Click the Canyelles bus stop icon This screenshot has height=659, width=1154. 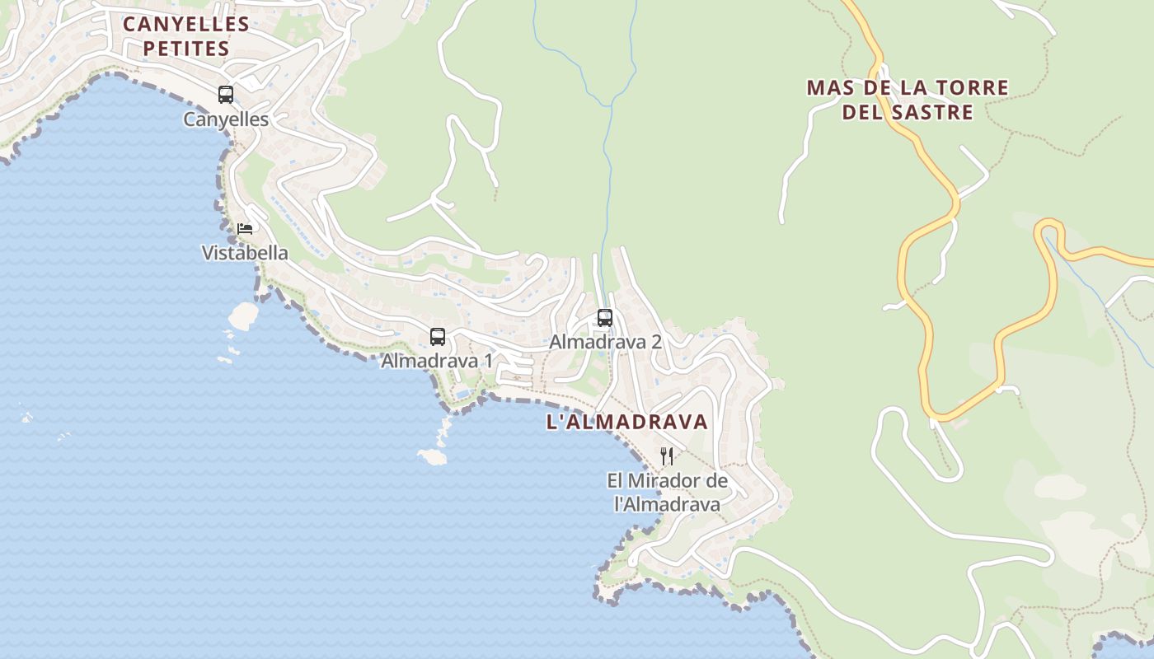pyautogui.click(x=226, y=95)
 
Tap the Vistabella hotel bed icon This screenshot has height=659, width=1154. pyautogui.click(x=245, y=228)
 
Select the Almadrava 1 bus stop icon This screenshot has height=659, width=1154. pyautogui.click(x=438, y=337)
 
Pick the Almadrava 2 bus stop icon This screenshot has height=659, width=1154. pyautogui.click(x=605, y=318)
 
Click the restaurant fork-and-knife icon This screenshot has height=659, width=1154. pyautogui.click(x=667, y=456)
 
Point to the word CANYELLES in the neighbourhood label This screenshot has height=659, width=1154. pyautogui.click(x=186, y=24)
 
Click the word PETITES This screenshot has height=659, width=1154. pyautogui.click(x=186, y=49)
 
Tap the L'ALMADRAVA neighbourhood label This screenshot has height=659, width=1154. pyautogui.click(x=627, y=422)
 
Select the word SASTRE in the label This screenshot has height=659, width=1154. pyautogui.click(x=931, y=111)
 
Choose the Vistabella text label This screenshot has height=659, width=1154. pyautogui.click(x=245, y=253)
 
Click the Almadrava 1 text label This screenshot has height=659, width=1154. pyautogui.click(x=437, y=361)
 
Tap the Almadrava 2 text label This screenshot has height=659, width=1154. pyautogui.click(x=606, y=341)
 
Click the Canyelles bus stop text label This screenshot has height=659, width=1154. pyautogui.click(x=226, y=119)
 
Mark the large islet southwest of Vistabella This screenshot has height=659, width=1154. pyautogui.click(x=243, y=315)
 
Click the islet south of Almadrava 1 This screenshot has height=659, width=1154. pyautogui.click(x=432, y=456)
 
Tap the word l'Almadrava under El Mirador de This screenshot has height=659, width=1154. pyautogui.click(x=668, y=504)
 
